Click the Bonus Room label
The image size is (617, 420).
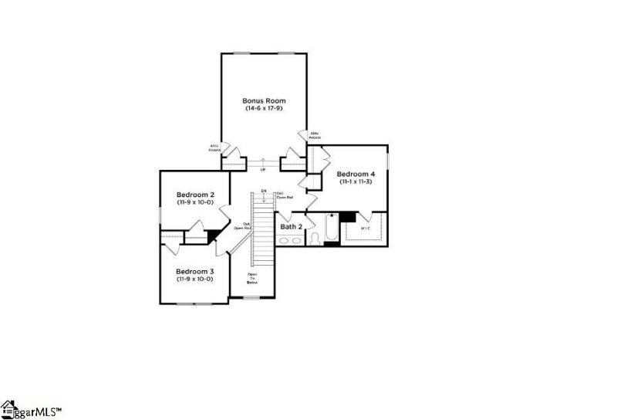point(265,100)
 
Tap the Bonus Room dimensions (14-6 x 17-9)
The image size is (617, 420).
point(265,109)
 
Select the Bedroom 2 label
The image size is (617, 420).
point(195,194)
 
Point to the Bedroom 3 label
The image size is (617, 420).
point(195,271)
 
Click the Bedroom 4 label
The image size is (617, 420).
point(356,174)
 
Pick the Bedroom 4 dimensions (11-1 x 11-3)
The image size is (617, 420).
point(356,182)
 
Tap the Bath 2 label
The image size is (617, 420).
point(290,227)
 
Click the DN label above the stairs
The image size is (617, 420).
point(263,190)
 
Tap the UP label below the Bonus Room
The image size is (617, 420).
point(263,169)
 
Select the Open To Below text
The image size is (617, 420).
point(252,279)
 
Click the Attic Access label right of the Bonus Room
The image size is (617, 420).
point(315,136)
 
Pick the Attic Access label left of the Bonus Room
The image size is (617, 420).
point(214,147)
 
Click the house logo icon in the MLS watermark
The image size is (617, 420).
point(8,408)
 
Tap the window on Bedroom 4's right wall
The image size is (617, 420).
point(388,163)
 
